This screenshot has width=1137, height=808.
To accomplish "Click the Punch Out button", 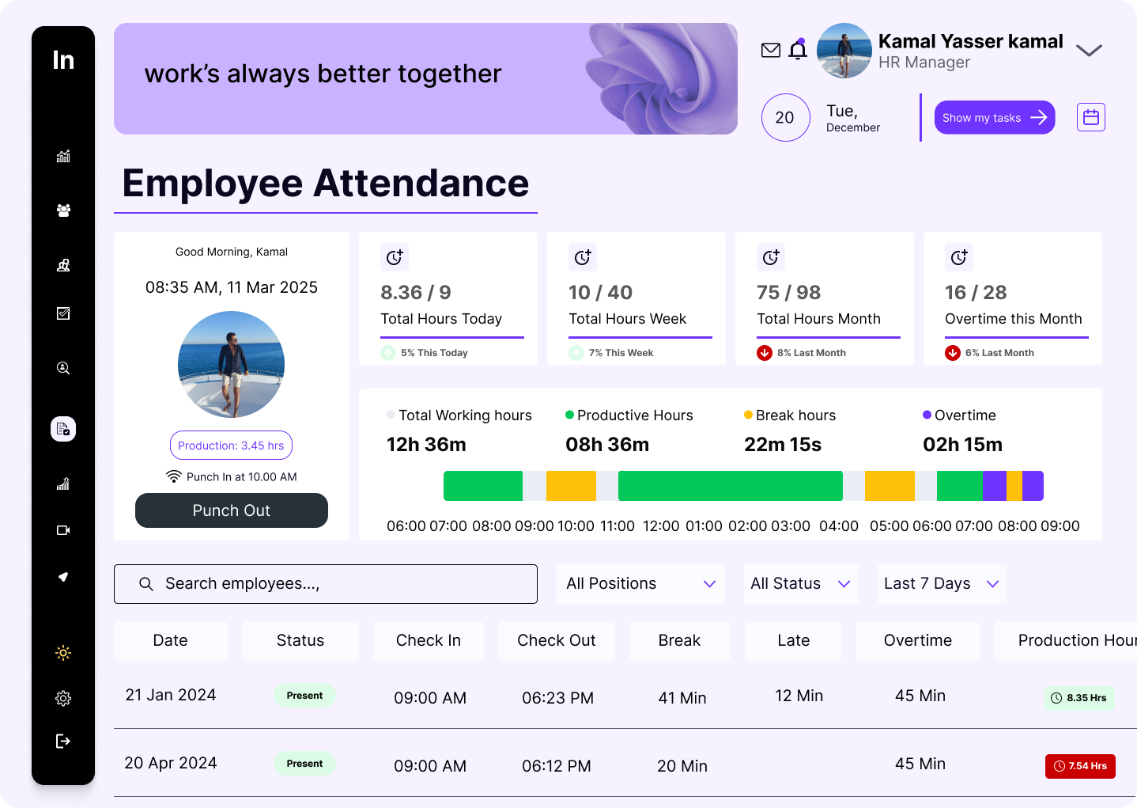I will (x=231, y=510).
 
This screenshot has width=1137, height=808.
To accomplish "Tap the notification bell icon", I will (x=798, y=51).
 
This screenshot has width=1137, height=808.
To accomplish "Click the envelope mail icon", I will (x=770, y=51).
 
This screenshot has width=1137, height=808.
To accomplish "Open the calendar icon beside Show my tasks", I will (x=1090, y=117).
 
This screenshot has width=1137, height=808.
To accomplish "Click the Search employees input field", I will (x=326, y=584).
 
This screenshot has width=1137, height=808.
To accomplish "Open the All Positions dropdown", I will (x=640, y=584).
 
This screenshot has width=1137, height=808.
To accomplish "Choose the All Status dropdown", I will (x=800, y=584).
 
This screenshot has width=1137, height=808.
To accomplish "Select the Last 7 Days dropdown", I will (x=941, y=584).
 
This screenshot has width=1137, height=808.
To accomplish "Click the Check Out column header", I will (x=556, y=640).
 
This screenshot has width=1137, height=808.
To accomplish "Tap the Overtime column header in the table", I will (x=917, y=640).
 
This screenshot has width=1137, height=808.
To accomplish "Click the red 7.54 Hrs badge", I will (x=1080, y=766).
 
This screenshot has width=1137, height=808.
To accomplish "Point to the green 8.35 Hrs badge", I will (x=1078, y=698).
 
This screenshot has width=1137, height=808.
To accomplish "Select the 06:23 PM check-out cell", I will (x=557, y=698).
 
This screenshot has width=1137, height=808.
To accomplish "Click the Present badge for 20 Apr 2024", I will (x=304, y=764).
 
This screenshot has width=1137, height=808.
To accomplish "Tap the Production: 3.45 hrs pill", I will (x=231, y=446).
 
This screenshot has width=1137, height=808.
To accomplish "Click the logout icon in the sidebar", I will (x=63, y=741).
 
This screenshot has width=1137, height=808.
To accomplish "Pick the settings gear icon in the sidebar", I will (x=63, y=698).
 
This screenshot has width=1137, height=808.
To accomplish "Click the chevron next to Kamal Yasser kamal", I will (x=1089, y=51).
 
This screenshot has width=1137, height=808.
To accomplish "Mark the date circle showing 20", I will (x=785, y=118).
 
